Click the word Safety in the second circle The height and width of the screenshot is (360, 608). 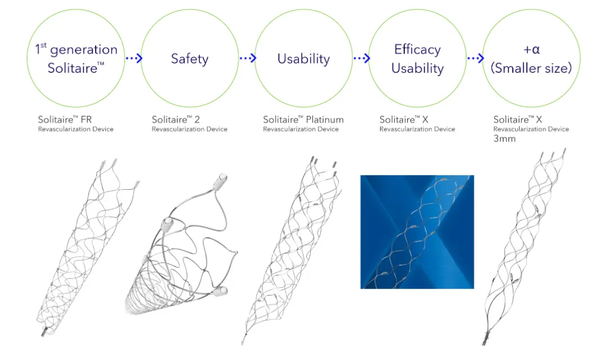189,59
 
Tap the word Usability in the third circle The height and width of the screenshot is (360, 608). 303,59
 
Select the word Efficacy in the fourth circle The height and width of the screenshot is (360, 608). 418,49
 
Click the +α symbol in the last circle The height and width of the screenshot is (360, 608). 531,49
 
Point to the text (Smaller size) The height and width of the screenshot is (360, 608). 531,69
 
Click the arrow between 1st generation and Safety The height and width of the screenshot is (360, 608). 133,58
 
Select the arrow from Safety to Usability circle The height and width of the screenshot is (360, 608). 248,58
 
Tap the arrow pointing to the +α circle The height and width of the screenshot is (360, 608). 476,58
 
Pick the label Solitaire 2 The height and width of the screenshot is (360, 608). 175,119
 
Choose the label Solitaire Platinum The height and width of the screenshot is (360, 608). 303,119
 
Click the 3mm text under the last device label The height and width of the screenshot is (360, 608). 504,139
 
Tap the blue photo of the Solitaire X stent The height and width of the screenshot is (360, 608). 417,232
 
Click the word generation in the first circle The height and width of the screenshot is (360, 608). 83,49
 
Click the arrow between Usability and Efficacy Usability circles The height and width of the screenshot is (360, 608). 361,58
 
